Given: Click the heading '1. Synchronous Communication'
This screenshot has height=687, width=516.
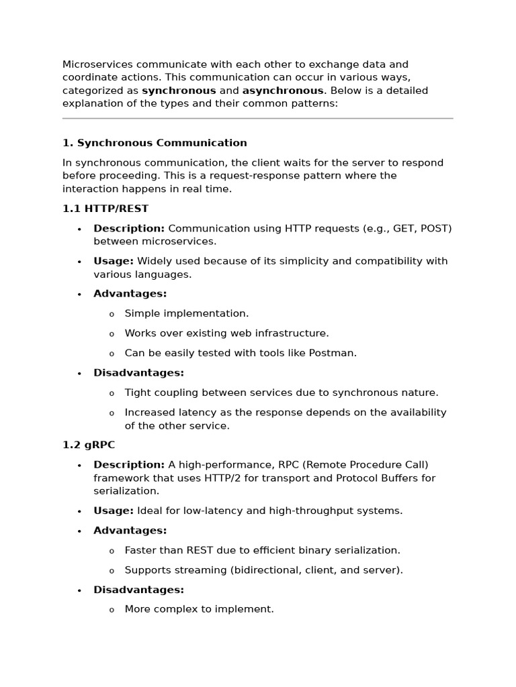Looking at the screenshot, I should pyautogui.click(x=155, y=143).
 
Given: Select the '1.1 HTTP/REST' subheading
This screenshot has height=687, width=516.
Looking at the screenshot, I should pyautogui.click(x=105, y=209).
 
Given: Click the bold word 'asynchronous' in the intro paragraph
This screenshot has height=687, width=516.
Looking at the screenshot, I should pyautogui.click(x=283, y=91).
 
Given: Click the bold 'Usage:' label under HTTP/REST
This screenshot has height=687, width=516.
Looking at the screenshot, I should pyautogui.click(x=114, y=261).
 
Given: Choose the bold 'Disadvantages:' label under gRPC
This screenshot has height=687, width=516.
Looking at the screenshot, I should pyautogui.click(x=138, y=590).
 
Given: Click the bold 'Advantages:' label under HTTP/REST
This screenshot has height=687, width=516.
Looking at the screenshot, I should pyautogui.click(x=130, y=294).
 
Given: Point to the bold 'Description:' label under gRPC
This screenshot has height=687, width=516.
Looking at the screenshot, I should pyautogui.click(x=129, y=465).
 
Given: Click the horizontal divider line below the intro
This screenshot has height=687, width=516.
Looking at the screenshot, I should pyautogui.click(x=258, y=119).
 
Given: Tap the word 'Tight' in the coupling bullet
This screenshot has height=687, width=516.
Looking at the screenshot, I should pyautogui.click(x=138, y=392).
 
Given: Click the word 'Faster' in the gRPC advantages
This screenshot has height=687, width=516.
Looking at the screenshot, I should pyautogui.click(x=141, y=550).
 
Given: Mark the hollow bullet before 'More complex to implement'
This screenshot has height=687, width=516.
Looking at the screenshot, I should pyautogui.click(x=112, y=610).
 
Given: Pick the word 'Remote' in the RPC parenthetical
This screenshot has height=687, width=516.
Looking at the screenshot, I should pyautogui.click(x=298, y=465).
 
